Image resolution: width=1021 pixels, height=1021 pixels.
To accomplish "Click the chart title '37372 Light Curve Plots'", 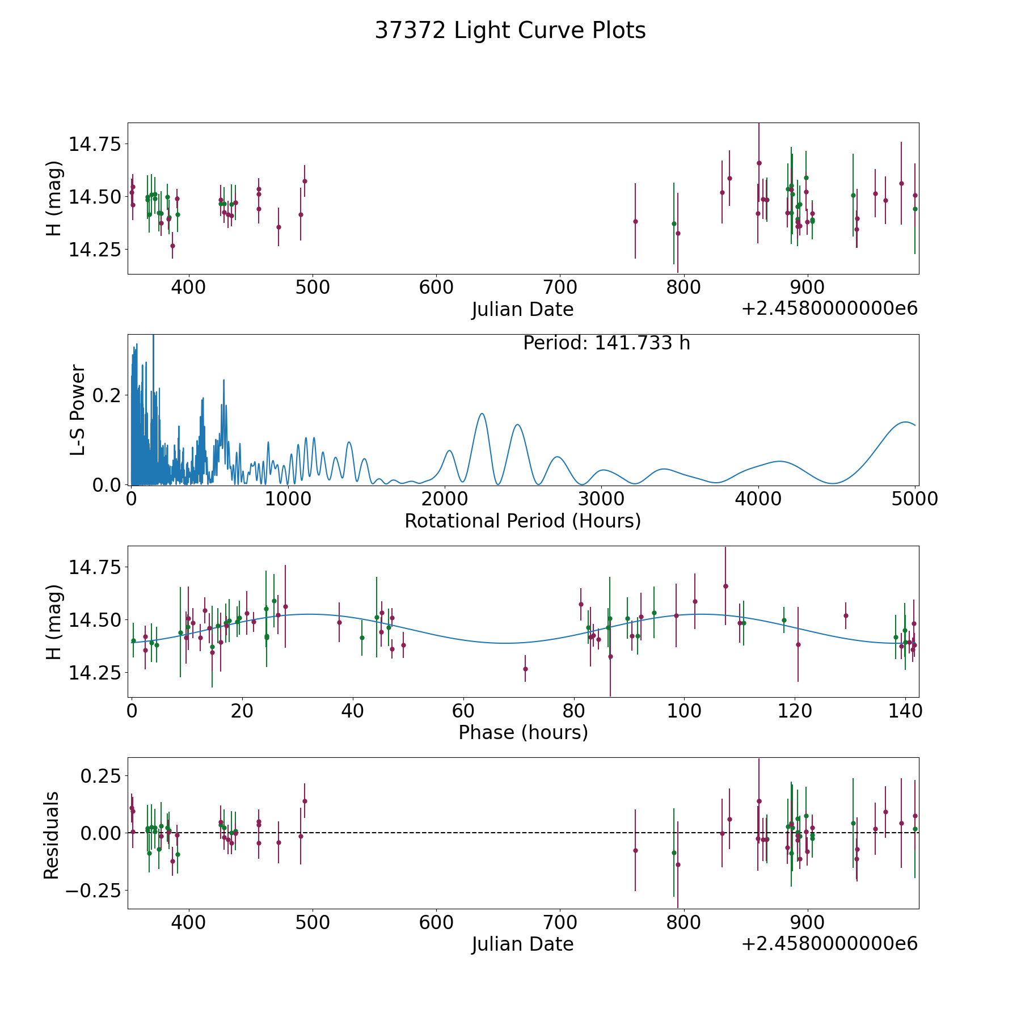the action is pyautogui.click(x=510, y=31).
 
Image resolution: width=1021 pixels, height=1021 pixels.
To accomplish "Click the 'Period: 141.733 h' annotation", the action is pyautogui.click(x=606, y=343).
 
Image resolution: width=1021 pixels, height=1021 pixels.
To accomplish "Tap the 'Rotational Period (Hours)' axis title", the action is pyautogui.click(x=522, y=521).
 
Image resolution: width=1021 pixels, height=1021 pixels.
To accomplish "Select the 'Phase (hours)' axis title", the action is pyautogui.click(x=523, y=732).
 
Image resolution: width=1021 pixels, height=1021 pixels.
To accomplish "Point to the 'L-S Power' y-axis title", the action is pyautogui.click(x=78, y=410).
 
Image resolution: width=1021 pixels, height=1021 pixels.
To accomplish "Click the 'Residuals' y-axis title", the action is pyautogui.click(x=52, y=835).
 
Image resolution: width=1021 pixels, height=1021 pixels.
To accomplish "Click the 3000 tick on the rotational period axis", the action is pyautogui.click(x=601, y=499).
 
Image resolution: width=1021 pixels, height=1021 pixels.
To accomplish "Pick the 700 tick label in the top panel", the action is pyautogui.click(x=560, y=287).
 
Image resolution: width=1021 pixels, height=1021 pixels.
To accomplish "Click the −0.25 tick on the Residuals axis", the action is pyautogui.click(x=93, y=891).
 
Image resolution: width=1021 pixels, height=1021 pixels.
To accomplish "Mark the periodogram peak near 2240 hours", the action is pyautogui.click(x=482, y=414).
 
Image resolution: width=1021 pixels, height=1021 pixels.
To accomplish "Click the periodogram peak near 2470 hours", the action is pyautogui.click(x=517, y=424).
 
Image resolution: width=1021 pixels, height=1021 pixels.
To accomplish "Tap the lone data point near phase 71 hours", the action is pyautogui.click(x=525, y=669).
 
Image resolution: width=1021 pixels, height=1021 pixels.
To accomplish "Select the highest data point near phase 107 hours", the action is pyautogui.click(x=725, y=586).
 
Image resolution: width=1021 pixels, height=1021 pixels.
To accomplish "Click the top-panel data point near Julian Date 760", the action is pyautogui.click(x=635, y=221).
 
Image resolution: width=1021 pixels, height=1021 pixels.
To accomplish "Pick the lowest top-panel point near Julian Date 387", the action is pyautogui.click(x=172, y=246).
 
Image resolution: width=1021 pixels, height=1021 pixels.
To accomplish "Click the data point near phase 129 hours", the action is pyautogui.click(x=846, y=615).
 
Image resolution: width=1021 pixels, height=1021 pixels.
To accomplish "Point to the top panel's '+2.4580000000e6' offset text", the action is pyautogui.click(x=829, y=309).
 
